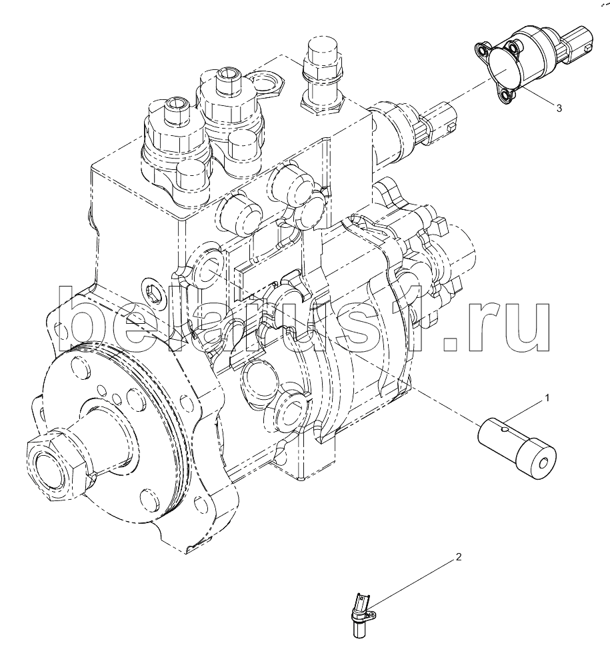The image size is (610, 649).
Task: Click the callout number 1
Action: click(547, 398)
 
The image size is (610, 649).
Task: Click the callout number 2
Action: click(458, 557)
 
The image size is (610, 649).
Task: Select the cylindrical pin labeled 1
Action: click(517, 450)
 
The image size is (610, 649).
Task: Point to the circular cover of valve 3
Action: click(504, 69)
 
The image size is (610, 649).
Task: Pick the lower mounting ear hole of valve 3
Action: click(505, 96)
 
